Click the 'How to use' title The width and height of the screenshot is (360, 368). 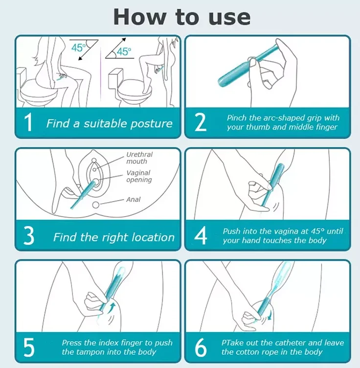click(x=182, y=17)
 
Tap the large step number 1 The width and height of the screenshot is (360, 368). click(x=28, y=122)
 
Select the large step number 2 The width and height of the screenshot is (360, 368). click(x=201, y=122)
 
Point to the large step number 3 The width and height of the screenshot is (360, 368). click(x=29, y=236)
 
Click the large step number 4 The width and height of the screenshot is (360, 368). click(x=201, y=235)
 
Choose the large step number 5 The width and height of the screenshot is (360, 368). click(x=29, y=347)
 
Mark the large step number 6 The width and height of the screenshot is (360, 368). click(x=201, y=347)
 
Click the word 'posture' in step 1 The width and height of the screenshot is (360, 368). click(x=151, y=124)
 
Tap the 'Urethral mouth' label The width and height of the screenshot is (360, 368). click(x=139, y=158)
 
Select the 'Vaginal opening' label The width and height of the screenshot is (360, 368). click(x=139, y=176)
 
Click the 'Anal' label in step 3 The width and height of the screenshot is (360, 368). click(x=133, y=200)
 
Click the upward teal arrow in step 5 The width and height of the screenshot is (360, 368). click(x=112, y=307)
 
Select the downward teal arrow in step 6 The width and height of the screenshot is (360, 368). click(x=270, y=315)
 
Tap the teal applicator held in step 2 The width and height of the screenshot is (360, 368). click(x=248, y=66)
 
